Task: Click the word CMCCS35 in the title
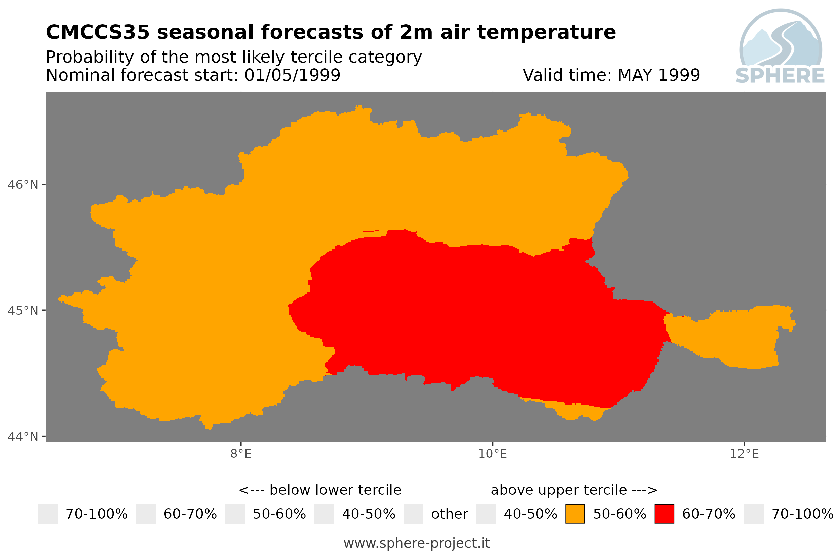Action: point(98,32)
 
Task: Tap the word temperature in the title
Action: point(546,33)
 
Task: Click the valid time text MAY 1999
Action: point(658,75)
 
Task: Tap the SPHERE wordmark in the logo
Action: point(780,76)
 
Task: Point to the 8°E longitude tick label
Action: point(241,454)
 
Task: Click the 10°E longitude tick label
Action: point(492,454)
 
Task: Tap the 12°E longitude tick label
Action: point(744,454)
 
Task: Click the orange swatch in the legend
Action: point(575,514)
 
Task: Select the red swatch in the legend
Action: point(664,514)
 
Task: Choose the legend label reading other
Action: point(449,514)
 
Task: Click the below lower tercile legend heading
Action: point(320,490)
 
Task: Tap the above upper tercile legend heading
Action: point(574,490)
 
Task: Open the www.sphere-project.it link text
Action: point(416,543)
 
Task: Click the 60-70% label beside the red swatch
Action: point(709,514)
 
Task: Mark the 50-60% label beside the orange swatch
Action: point(619,514)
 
